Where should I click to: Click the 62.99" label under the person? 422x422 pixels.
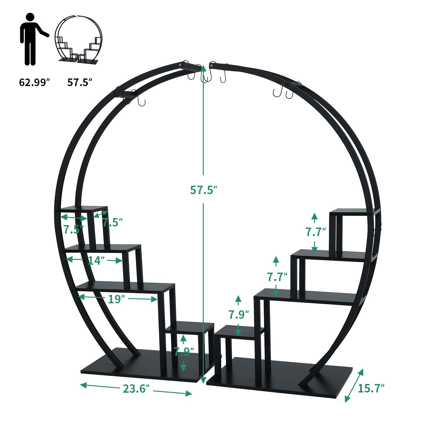(x=34, y=82)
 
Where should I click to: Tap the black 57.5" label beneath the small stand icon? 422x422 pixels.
(x=80, y=82)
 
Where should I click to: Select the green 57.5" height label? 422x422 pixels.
(x=203, y=190)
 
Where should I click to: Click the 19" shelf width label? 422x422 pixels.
(x=116, y=299)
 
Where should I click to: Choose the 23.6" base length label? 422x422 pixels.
(x=136, y=389)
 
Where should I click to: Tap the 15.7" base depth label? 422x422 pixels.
(x=371, y=389)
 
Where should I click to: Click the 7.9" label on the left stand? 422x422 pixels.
(x=183, y=352)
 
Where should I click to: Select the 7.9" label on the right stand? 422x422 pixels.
(x=238, y=315)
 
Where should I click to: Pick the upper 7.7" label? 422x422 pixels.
(x=315, y=232)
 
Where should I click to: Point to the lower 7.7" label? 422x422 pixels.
(x=277, y=277)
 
